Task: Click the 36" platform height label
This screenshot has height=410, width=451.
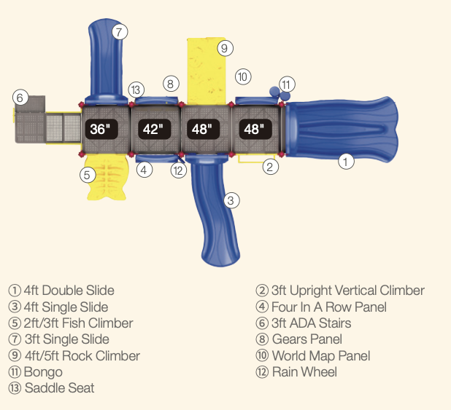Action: (99, 130)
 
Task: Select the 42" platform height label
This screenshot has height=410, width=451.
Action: (153, 130)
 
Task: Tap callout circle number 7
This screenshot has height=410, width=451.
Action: (120, 31)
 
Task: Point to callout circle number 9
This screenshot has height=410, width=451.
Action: (225, 49)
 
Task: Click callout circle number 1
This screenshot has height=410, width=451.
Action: (346, 162)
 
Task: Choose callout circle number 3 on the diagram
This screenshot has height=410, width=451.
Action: (232, 200)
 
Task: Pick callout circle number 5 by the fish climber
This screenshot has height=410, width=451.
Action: (87, 175)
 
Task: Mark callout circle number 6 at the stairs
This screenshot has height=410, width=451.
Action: (20, 97)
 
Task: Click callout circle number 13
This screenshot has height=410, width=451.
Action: (136, 90)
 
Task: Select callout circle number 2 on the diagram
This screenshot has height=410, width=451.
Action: (271, 167)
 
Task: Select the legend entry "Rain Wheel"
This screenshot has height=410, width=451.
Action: (304, 371)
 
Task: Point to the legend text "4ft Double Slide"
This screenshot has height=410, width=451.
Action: (69, 291)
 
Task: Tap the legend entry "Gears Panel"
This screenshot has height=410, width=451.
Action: (307, 339)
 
